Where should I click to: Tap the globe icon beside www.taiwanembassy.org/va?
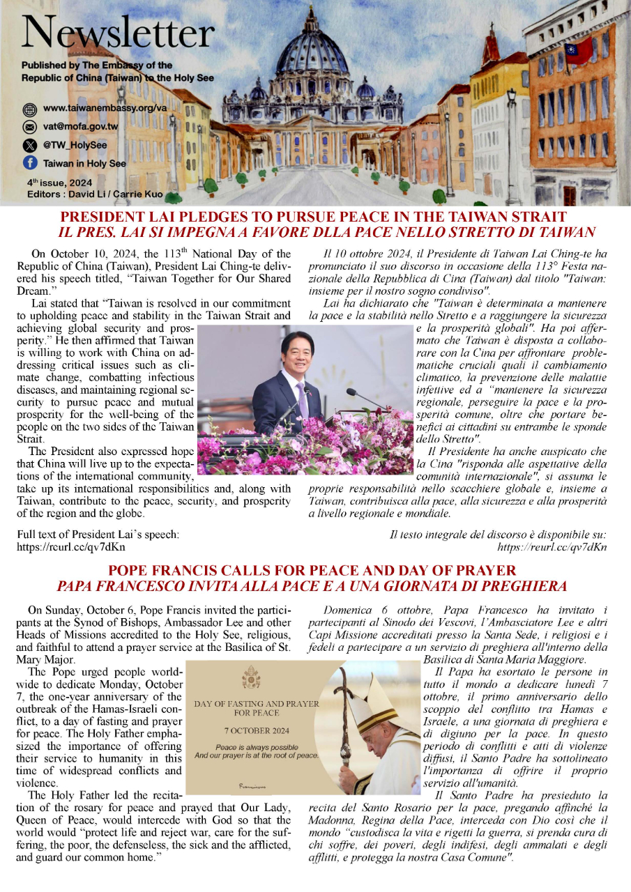(x=29, y=109)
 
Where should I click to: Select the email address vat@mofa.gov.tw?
(x=80, y=127)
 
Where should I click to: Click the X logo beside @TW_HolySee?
(x=29, y=145)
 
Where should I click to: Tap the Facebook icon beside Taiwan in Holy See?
(x=29, y=163)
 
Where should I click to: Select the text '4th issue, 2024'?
(x=54, y=183)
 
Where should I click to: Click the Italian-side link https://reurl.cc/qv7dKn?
(x=552, y=548)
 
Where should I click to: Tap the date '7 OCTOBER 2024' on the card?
(x=252, y=732)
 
